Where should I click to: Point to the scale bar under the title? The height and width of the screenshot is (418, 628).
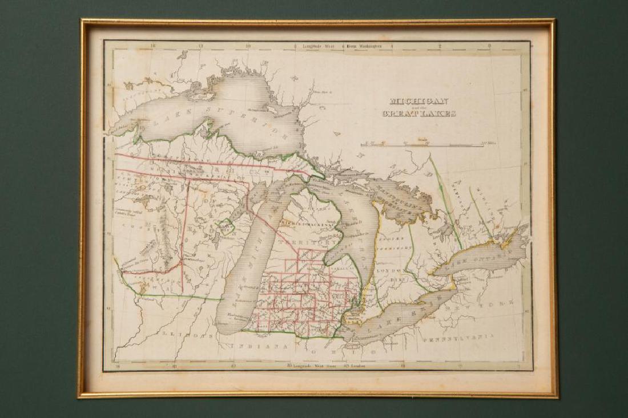tap(422, 145)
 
